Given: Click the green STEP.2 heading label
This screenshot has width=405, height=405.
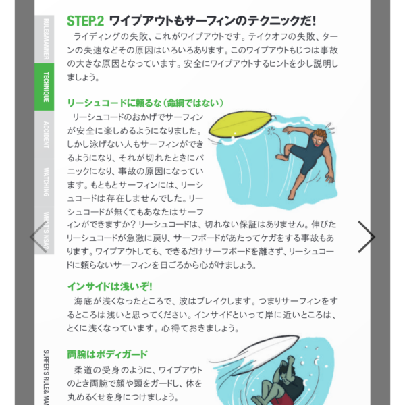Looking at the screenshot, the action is [86, 21].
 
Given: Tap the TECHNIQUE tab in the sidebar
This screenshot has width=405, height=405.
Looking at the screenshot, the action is [45, 87].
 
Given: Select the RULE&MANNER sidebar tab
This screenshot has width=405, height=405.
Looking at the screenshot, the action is [45, 39].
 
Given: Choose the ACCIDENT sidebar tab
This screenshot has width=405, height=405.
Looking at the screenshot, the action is [45, 135].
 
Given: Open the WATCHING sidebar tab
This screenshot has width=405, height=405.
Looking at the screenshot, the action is [45, 183].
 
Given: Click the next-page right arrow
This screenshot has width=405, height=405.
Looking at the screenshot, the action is [367, 237].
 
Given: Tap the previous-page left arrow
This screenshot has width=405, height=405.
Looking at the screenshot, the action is [38, 237].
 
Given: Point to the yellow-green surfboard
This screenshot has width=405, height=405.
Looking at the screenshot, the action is [240, 124].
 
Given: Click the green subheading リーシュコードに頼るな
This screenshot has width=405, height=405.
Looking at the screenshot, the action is [145, 103].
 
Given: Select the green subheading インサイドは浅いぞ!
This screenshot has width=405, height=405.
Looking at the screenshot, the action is [110, 286].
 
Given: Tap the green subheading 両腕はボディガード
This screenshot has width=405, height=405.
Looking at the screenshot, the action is [107, 354].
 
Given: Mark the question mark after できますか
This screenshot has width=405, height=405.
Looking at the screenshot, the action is [133, 224].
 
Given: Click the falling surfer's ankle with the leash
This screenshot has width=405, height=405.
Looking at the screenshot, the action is [285, 157].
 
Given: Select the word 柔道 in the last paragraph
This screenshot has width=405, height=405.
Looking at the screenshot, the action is [82, 370].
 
